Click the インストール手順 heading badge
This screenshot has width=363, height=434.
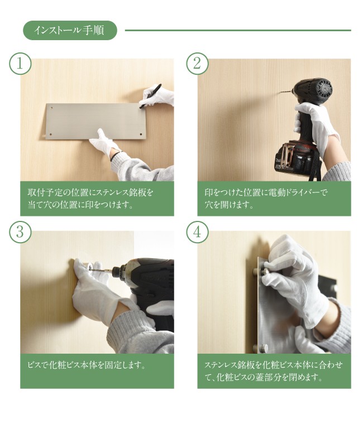click(x=70, y=30)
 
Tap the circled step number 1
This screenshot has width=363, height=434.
click(x=20, y=64)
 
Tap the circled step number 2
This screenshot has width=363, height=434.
click(x=197, y=64)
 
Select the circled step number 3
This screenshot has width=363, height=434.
click(x=20, y=232)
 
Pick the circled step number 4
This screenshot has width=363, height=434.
click(x=197, y=232)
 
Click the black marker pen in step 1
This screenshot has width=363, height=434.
click(x=150, y=96)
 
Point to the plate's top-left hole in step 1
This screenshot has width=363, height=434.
click(x=51, y=108)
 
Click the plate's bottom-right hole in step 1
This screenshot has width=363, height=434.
click(x=141, y=134)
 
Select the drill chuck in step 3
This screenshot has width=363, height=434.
click(x=121, y=269)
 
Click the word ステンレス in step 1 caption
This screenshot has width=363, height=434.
click(x=116, y=192)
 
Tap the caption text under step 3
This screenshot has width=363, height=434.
click(x=87, y=365)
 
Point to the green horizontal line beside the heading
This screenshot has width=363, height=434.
click(x=238, y=31)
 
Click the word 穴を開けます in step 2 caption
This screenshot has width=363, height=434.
click(x=229, y=205)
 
